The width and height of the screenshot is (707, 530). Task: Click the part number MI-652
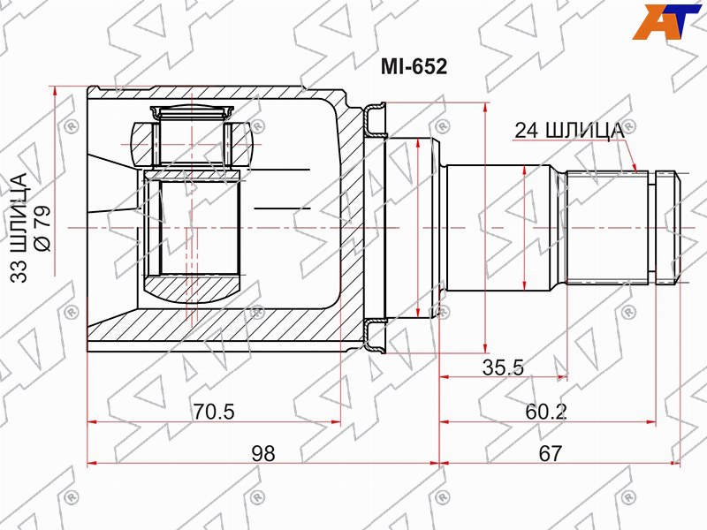(414, 67)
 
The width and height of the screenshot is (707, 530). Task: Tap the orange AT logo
(666, 21)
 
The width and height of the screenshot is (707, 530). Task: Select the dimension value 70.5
(214, 412)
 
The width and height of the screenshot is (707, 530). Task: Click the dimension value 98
(262, 453)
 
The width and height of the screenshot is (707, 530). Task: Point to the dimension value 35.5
(503, 367)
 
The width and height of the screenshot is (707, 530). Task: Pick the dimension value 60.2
(545, 412)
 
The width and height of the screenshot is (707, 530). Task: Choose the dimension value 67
(551, 453)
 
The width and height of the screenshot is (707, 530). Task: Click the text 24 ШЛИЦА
(569, 130)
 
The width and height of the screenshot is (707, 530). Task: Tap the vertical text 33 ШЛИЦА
(19, 228)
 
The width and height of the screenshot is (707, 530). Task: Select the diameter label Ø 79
(42, 228)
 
